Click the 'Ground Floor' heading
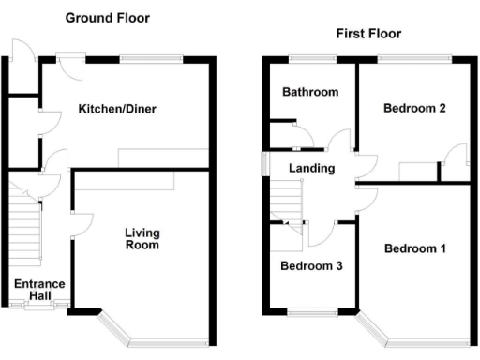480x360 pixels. point(106,18)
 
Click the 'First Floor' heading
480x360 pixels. point(368,34)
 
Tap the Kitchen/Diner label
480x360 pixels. point(117,109)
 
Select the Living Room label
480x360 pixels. point(142,238)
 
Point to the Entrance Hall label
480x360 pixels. point(38,290)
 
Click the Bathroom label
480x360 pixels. point(310,92)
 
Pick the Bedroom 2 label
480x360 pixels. point(413,108)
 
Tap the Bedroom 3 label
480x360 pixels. point(311,265)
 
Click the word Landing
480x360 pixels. point(309,168)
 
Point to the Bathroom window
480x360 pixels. point(311,59)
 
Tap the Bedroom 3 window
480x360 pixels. point(311,311)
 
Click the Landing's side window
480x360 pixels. point(263,164)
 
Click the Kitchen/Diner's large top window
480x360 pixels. point(150,59)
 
